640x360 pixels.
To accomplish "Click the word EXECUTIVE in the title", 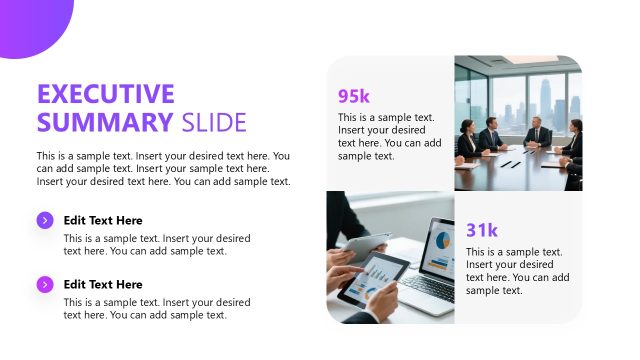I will pyautogui.click(x=105, y=95).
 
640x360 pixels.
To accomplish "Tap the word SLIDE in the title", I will pyautogui.click(x=214, y=123).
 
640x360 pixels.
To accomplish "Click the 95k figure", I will pyautogui.click(x=354, y=96).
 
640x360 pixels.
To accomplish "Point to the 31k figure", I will pyautogui.click(x=482, y=230).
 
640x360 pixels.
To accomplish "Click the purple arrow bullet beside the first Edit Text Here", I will pyautogui.click(x=45, y=220).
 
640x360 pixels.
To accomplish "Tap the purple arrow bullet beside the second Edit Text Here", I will pyautogui.click(x=45, y=284).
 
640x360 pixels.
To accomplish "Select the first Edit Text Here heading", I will pyautogui.click(x=103, y=220).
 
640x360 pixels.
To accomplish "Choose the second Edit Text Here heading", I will pyautogui.click(x=103, y=284).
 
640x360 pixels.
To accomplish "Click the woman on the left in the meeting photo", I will pyautogui.click(x=467, y=137).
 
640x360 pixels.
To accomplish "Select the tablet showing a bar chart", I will pyautogui.click(x=373, y=279).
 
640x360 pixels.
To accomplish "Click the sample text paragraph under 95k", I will pyautogui.click(x=389, y=136).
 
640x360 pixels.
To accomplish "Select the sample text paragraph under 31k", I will pyautogui.click(x=517, y=270).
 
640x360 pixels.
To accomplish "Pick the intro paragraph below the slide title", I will pyautogui.click(x=163, y=168).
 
